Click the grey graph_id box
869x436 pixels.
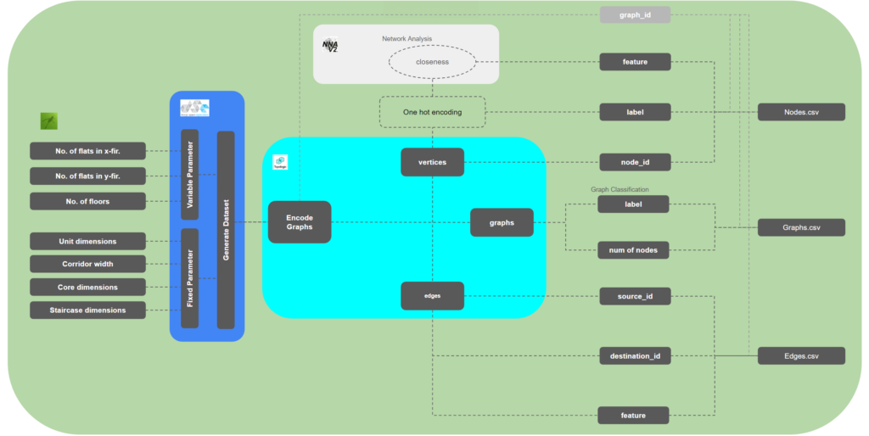click(x=635, y=14)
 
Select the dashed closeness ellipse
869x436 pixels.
click(x=433, y=62)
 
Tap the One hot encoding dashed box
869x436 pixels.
click(x=433, y=112)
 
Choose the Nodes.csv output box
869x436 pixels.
click(x=800, y=112)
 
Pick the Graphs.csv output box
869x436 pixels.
click(x=800, y=227)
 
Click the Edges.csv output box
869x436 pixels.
click(x=800, y=356)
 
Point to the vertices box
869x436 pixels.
click(x=432, y=162)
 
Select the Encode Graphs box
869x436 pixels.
click(x=299, y=222)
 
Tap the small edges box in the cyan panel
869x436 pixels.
click(x=432, y=295)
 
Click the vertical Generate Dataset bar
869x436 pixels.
click(x=226, y=229)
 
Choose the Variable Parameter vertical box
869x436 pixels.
click(x=189, y=175)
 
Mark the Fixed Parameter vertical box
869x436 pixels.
click(x=189, y=277)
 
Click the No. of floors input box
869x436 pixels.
click(x=88, y=201)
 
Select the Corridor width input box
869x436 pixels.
click(x=88, y=264)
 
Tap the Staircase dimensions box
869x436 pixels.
click(x=88, y=310)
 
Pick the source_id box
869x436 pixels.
click(x=635, y=296)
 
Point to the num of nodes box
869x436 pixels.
click(x=635, y=249)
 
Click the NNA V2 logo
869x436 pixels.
click(x=330, y=46)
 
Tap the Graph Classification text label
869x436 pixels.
click(x=619, y=189)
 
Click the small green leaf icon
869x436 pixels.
click(x=49, y=121)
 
